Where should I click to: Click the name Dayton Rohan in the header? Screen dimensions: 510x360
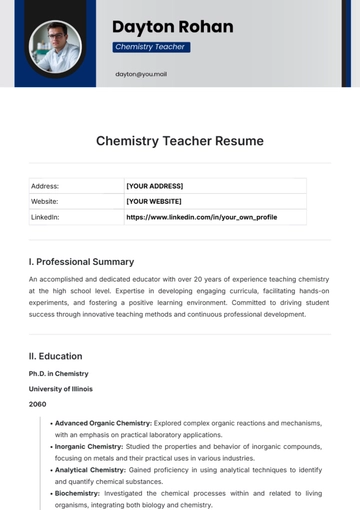(172, 26)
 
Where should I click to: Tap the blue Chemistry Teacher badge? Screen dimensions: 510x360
(150, 47)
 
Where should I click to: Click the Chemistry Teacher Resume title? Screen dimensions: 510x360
(180, 141)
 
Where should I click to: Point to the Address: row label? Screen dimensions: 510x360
(45, 186)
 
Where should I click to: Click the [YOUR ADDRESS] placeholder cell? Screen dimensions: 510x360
(154, 186)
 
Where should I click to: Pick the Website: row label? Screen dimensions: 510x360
(45, 201)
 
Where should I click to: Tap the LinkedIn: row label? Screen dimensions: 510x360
(45, 216)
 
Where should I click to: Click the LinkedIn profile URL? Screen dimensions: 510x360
(201, 216)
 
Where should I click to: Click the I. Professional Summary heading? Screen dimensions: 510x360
(81, 262)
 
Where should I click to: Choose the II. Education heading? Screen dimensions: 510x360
(55, 356)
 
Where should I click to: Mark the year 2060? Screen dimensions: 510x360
(37, 404)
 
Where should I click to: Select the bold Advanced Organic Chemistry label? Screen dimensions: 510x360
(103, 423)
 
